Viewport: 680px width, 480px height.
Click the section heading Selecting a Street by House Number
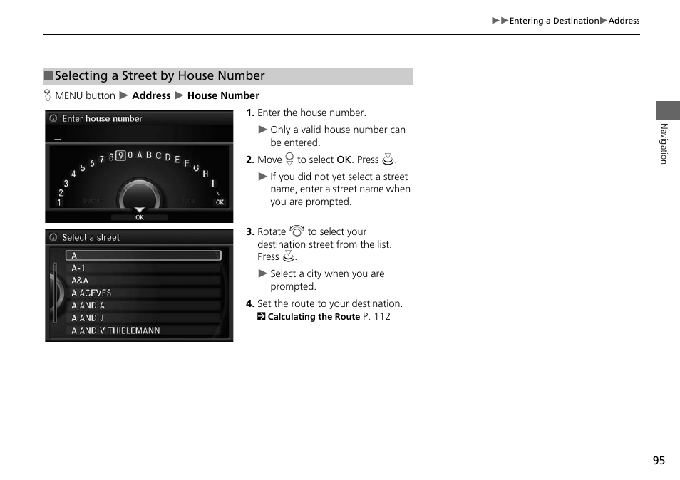point(160,76)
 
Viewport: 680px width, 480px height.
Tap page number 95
point(658,460)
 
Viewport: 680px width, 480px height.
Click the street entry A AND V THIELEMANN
point(115,330)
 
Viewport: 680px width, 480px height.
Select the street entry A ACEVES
point(91,293)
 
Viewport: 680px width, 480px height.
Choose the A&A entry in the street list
point(80,281)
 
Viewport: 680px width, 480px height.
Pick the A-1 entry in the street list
point(78,268)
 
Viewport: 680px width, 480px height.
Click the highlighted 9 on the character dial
point(120,156)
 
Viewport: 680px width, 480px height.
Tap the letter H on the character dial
point(205,174)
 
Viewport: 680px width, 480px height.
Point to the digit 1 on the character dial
point(59,202)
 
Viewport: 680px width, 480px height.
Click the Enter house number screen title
point(102,119)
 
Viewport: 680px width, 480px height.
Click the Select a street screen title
point(91,237)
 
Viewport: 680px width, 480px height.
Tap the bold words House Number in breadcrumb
point(223,95)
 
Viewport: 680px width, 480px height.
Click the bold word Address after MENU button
point(151,95)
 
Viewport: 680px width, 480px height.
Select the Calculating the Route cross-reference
point(314,317)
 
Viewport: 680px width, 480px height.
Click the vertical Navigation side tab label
point(664,144)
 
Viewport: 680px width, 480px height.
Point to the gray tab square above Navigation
point(668,110)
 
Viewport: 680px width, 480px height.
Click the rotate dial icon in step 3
point(297,231)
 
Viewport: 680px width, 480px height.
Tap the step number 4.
point(249,303)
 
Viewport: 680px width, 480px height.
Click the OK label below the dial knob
point(140,217)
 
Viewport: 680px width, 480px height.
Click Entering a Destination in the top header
point(554,21)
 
